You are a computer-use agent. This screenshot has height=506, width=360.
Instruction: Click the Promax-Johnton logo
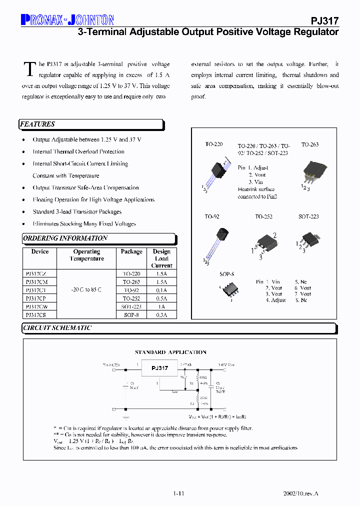pyautogui.click(x=67, y=20)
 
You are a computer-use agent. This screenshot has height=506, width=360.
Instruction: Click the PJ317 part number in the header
pyautogui.click(x=325, y=20)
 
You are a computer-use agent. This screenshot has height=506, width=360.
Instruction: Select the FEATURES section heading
pyautogui.click(x=37, y=124)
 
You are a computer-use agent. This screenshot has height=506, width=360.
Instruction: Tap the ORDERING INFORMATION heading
pyautogui.click(x=65, y=238)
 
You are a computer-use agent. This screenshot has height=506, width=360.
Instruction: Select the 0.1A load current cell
pyautogui.click(x=161, y=290)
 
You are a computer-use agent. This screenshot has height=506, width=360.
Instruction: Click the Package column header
pyautogui.click(x=131, y=252)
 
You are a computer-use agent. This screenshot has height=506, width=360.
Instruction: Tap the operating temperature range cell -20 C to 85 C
pyautogui.click(x=86, y=290)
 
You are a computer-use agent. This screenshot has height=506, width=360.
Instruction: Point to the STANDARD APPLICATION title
pyautogui.click(x=170, y=352)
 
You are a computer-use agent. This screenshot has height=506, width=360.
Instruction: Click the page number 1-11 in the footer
pyautogui.click(x=178, y=493)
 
